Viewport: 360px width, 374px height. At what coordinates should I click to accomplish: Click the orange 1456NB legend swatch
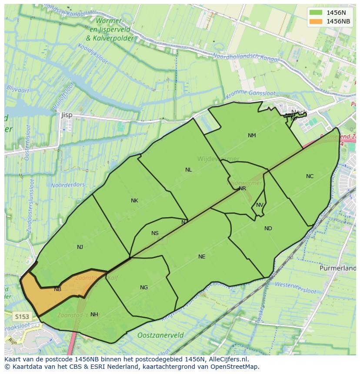coord(316,21)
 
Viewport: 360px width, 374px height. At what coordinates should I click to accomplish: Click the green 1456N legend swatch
coord(316,13)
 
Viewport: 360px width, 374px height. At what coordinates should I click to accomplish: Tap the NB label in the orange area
coord(57,289)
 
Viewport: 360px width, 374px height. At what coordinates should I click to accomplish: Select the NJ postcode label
coord(80,247)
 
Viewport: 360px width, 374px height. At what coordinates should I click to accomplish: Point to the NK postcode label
coord(134,201)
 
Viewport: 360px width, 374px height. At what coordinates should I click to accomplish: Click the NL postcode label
coord(188,170)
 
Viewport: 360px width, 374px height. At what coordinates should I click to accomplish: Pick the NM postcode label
coord(252,136)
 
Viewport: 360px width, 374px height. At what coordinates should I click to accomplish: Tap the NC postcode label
coord(310,176)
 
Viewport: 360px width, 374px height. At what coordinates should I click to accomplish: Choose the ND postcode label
coord(268,228)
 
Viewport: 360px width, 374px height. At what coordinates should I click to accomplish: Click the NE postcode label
coord(202,257)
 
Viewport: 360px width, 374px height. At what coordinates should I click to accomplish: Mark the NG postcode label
coord(144,288)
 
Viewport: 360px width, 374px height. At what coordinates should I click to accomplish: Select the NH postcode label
coord(94,314)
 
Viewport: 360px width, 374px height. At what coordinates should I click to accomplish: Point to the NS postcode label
coord(155,233)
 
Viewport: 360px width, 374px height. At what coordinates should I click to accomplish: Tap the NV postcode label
coord(260,205)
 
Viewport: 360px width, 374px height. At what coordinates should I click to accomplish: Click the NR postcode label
coord(242,189)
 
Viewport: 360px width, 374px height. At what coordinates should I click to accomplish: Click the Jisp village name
coord(67,115)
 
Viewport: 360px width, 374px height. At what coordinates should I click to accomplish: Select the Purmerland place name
coord(337,268)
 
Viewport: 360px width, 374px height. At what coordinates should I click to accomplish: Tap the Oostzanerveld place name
coord(160,335)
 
